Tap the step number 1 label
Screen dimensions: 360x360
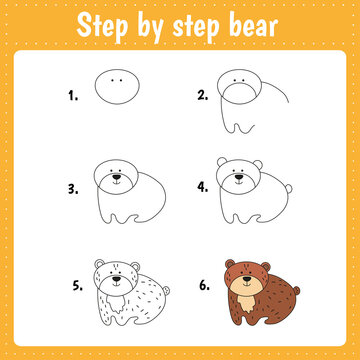[72, 96]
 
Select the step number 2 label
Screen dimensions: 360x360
[202, 96]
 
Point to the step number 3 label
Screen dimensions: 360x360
[72, 186]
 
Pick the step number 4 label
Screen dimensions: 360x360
[202, 186]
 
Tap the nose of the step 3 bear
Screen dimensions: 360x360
[117, 181]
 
